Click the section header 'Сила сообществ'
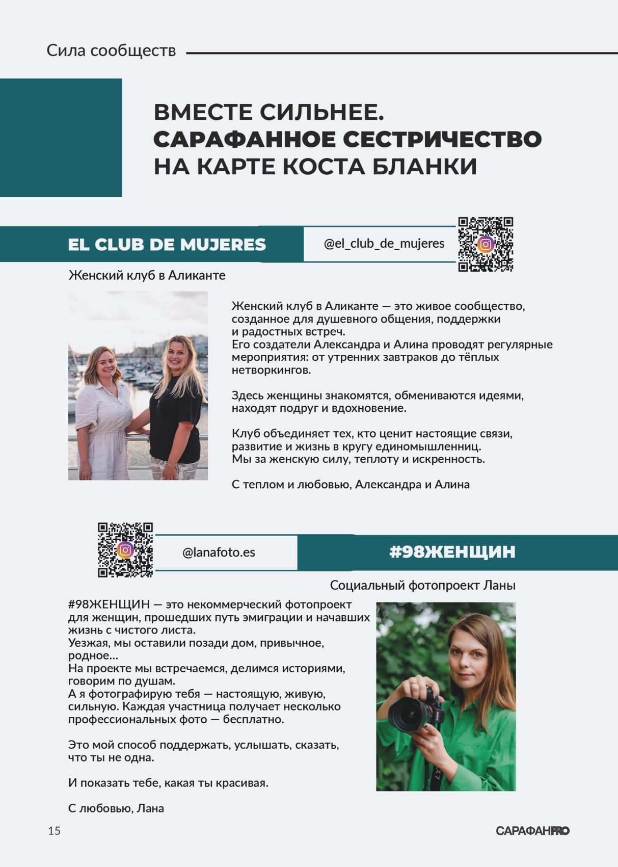[x=111, y=50]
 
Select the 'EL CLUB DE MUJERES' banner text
[x=167, y=245]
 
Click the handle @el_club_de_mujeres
[x=384, y=244]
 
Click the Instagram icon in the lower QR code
[x=125, y=550]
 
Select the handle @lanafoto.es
[x=219, y=553]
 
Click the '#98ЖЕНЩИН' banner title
[x=452, y=552]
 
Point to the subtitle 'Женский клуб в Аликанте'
[x=147, y=275]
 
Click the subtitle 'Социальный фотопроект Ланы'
[x=422, y=585]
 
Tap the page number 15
[x=54, y=831]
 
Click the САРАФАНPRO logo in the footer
[x=532, y=831]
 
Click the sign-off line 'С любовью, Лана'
[x=116, y=808]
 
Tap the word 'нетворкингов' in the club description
[x=271, y=370]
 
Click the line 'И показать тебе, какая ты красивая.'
[x=168, y=782]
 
